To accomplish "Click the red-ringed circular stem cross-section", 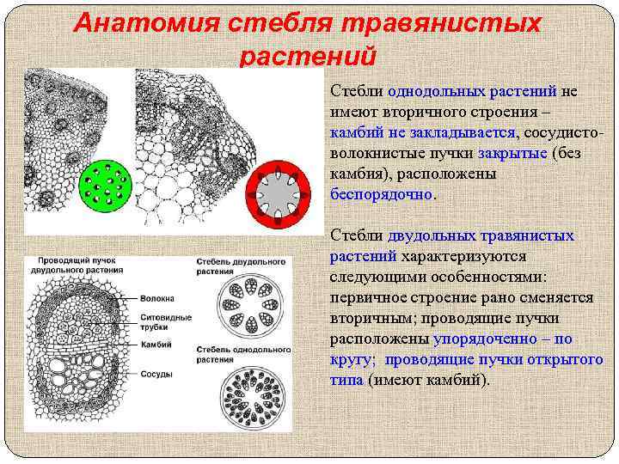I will pos(277,193).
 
